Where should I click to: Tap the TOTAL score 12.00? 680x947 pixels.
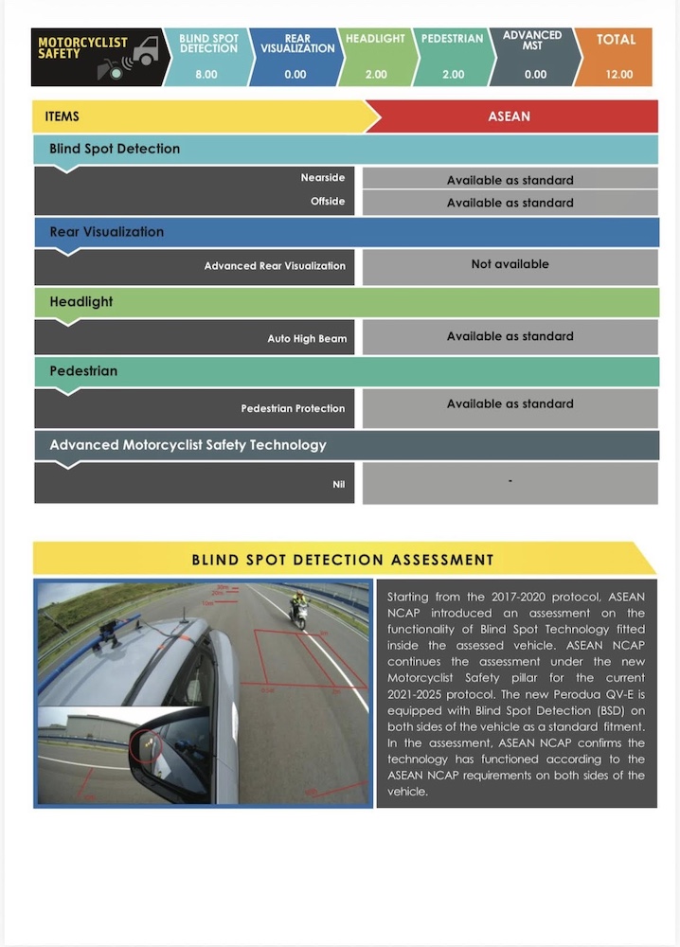[618, 74]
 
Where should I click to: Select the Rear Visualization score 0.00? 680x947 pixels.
[295, 74]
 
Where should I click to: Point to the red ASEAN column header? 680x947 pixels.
[509, 116]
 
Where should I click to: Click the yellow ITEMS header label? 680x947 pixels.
[63, 116]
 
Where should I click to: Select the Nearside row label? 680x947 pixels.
[323, 177]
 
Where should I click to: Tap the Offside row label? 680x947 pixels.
[328, 201]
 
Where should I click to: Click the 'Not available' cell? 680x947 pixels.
[510, 264]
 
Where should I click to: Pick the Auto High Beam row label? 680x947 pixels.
[307, 338]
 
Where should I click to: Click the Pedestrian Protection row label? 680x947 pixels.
[293, 408]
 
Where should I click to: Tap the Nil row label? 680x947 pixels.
[338, 484]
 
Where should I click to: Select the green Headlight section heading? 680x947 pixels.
[81, 301]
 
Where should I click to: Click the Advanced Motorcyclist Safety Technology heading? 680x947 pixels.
[188, 444]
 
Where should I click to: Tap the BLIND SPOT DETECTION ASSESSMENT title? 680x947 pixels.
[343, 560]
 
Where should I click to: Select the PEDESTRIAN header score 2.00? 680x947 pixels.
[453, 74]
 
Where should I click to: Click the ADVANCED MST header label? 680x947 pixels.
[532, 41]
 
